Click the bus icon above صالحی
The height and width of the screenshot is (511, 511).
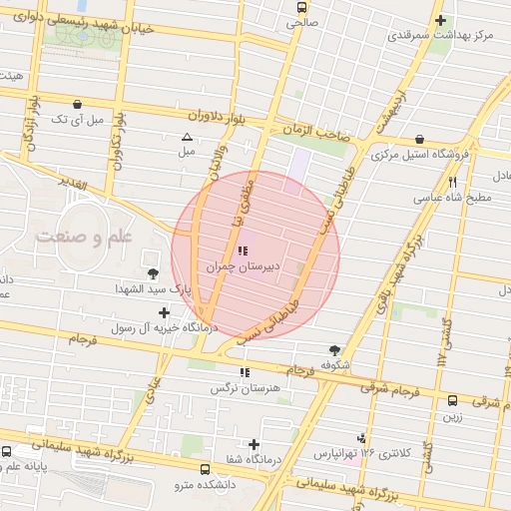click(x=300, y=6)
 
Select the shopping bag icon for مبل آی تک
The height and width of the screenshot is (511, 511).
click(x=78, y=104)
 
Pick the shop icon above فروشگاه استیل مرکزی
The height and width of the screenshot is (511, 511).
click(x=419, y=139)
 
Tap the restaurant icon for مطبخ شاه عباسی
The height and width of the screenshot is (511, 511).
click(x=452, y=182)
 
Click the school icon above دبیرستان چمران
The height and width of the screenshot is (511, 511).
click(x=244, y=252)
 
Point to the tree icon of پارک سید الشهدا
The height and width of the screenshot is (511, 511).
click(x=153, y=273)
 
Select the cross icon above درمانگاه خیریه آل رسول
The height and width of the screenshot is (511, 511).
click(x=164, y=312)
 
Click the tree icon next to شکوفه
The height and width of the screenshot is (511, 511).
click(x=334, y=350)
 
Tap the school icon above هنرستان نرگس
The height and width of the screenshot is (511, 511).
click(x=244, y=372)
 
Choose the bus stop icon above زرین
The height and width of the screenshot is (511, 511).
click(x=453, y=398)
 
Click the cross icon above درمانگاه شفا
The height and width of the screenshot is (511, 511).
click(x=255, y=444)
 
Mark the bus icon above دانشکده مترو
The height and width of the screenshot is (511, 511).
click(x=205, y=469)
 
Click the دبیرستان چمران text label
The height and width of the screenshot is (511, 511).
click(x=239, y=267)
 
